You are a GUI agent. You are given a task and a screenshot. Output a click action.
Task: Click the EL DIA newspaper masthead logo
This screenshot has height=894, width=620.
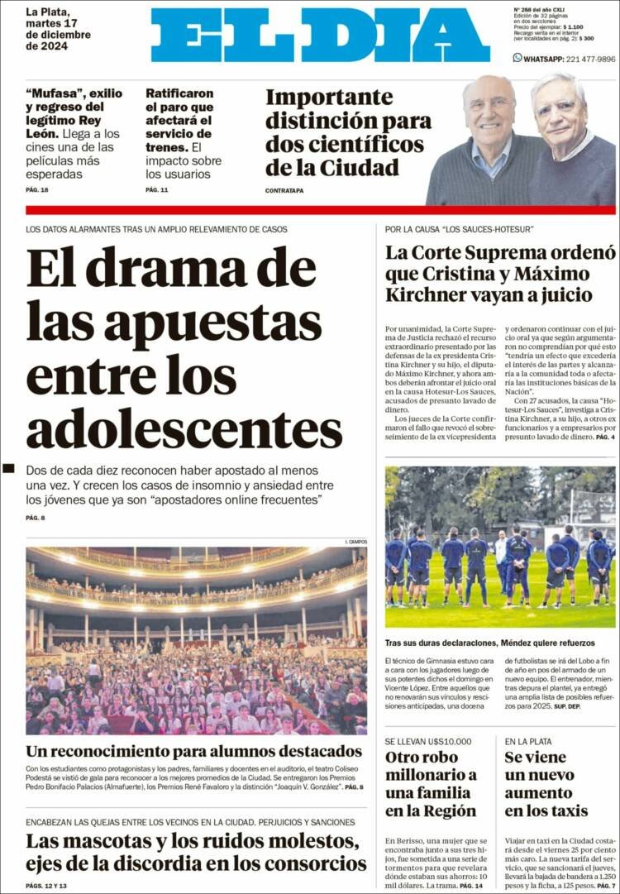click(x=320, y=35)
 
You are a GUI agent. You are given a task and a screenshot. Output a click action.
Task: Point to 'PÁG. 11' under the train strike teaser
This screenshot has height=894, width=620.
click(x=157, y=190)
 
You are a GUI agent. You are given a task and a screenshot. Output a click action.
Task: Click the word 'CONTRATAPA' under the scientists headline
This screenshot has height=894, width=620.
click(x=284, y=190)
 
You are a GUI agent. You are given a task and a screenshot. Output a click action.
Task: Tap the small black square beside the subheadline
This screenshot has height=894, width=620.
click(x=8, y=469)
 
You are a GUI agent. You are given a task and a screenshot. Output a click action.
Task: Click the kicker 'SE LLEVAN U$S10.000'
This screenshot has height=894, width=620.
click(x=427, y=741)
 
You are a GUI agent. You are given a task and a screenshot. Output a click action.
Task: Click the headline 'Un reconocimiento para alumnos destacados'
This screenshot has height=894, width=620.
click(x=193, y=752)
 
